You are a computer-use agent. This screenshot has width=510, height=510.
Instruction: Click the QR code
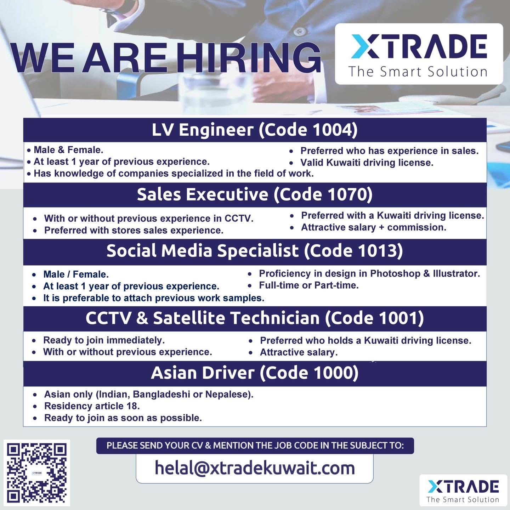36,473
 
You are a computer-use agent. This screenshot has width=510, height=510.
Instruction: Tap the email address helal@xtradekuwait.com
255,468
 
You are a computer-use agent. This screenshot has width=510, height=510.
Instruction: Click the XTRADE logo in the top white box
419,47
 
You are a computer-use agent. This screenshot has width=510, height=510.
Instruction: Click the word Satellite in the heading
189,318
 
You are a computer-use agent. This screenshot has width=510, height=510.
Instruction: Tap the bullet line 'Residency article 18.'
92,406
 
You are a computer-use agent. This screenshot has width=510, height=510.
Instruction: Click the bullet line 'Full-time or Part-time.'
308,285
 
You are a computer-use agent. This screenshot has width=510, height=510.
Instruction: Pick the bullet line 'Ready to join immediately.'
104,340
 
